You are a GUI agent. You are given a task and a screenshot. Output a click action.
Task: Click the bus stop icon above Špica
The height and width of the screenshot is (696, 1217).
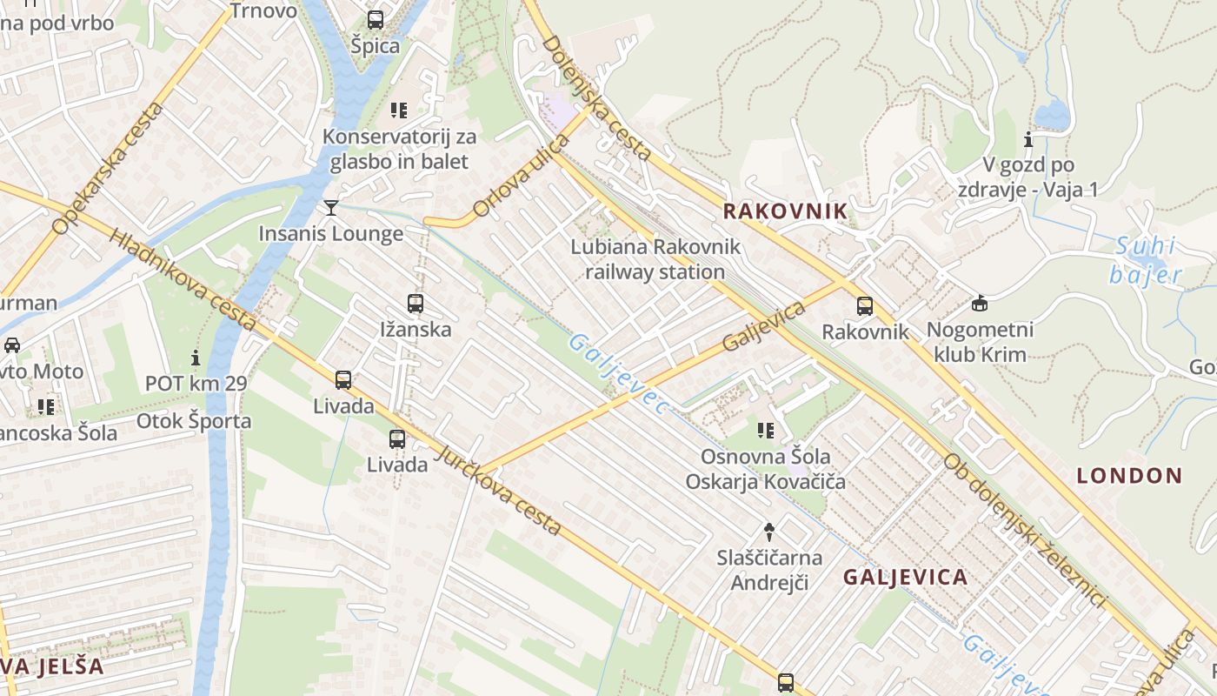tap(376, 19)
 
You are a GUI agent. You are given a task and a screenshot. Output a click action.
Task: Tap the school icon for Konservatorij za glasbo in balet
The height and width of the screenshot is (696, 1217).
tap(399, 110)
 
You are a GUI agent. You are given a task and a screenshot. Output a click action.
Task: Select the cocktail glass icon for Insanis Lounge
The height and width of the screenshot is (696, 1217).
tap(331, 207)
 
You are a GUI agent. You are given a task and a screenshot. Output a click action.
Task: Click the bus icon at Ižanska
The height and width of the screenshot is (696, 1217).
tap(416, 304)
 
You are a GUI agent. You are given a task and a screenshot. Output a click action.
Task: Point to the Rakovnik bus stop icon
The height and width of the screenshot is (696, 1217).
tap(864, 306)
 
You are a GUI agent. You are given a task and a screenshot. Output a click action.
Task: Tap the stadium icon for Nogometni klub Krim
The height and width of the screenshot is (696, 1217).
tap(980, 303)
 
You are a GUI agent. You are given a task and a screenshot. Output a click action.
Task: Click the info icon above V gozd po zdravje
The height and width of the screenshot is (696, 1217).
tap(1028, 139)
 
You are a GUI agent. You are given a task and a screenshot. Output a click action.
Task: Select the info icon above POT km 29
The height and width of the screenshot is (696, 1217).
tap(196, 358)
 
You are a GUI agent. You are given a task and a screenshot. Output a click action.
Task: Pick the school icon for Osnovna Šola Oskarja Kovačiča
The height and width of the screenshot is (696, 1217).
tap(765, 430)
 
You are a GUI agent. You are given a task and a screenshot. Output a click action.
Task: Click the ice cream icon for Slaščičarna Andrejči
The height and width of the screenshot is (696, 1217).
tap(768, 531)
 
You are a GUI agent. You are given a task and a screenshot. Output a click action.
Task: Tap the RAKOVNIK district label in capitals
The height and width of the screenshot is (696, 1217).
tap(785, 211)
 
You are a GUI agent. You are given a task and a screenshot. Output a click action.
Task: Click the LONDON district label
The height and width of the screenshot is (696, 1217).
tap(1129, 476)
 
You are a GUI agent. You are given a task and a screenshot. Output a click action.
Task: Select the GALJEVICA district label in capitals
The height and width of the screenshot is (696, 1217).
tap(905, 578)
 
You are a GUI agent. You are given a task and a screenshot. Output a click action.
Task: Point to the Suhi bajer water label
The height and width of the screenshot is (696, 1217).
tap(1145, 260)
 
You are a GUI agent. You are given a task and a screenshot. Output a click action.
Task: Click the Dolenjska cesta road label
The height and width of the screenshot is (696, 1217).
tap(596, 97)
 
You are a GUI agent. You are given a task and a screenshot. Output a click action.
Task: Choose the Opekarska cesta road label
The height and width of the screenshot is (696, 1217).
tap(108, 170)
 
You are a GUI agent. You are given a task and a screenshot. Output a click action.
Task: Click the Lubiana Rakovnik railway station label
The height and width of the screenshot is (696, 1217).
tap(655, 259)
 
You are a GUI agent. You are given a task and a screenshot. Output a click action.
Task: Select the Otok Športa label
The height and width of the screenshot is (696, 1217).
tap(194, 422)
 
